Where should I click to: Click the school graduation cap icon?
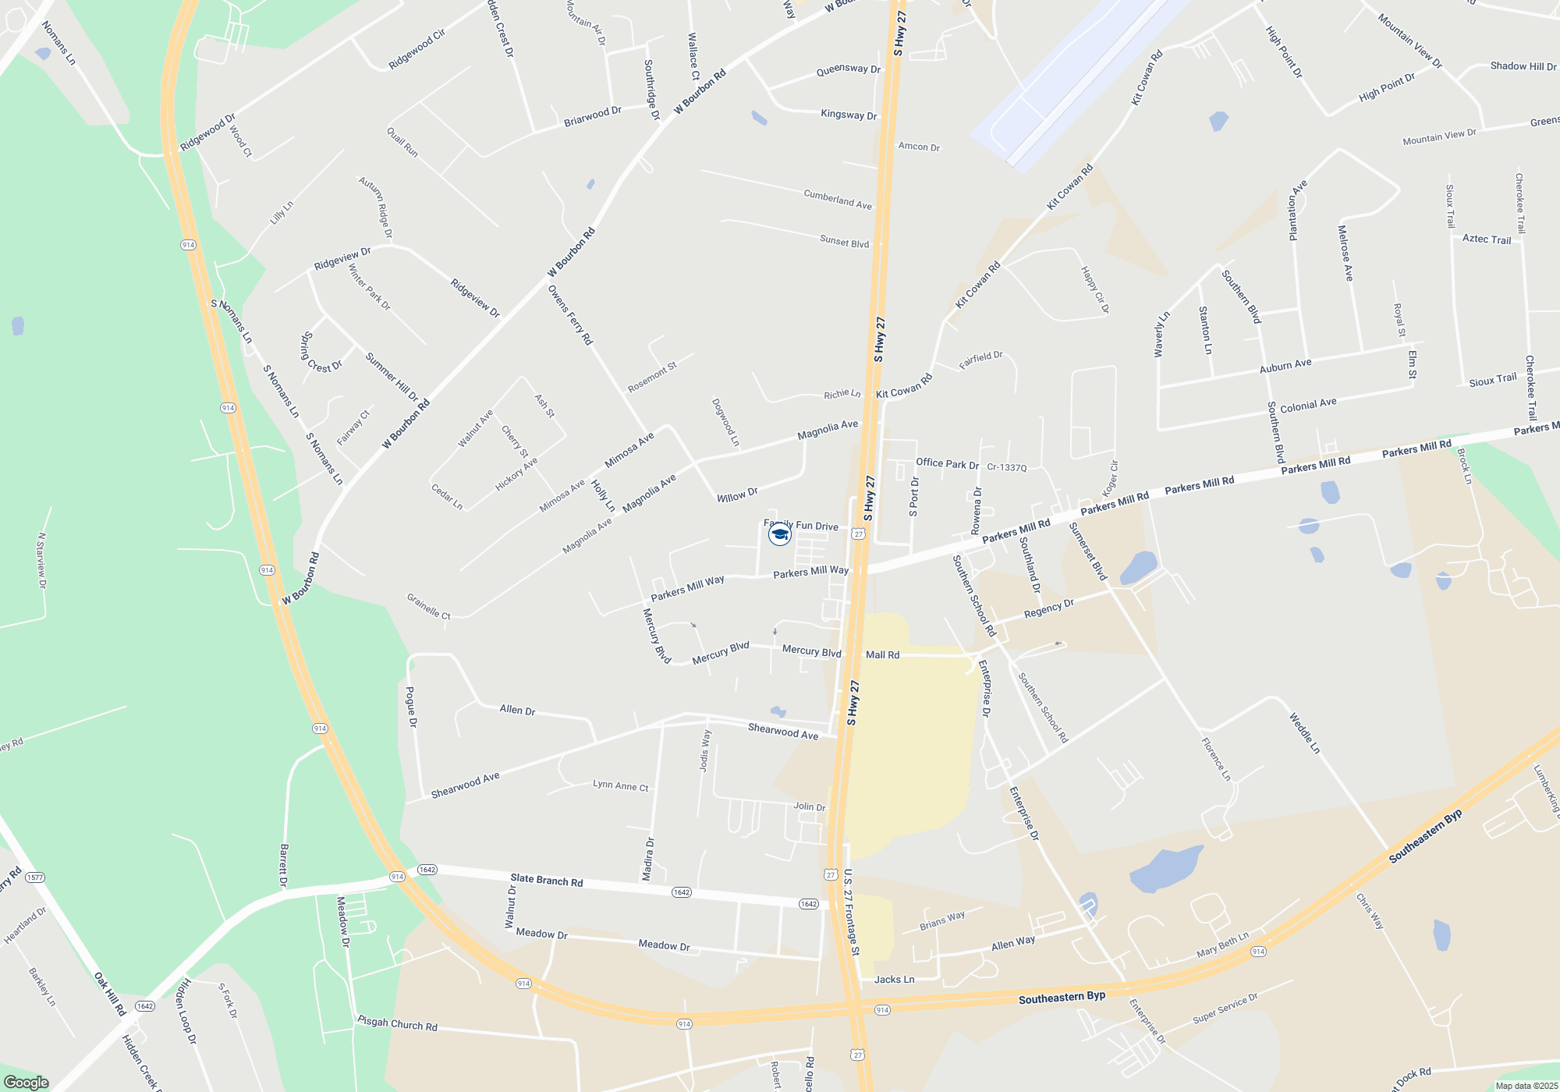pos(779,534)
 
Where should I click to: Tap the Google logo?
pos(27,1082)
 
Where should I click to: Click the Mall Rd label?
pos(882,655)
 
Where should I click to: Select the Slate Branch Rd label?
pos(546,881)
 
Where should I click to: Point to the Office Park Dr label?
pos(947,463)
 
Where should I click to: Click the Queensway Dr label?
pos(848,69)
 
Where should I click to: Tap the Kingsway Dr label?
pos(849,115)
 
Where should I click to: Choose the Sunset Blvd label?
pos(844,242)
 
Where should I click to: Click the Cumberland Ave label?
pos(837,200)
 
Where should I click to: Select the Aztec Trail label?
pos(1487,239)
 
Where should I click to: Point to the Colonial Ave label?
pos(1308,405)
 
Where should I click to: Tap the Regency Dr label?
pos(1048,608)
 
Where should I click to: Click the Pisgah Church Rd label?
pos(397,1023)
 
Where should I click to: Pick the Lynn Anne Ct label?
pos(620,785)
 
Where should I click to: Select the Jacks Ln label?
pos(894,979)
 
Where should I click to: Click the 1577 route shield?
pos(35,877)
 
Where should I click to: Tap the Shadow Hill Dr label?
pos(1523,66)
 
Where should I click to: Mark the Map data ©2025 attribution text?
pos(1526,1086)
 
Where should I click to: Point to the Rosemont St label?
pos(652,378)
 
